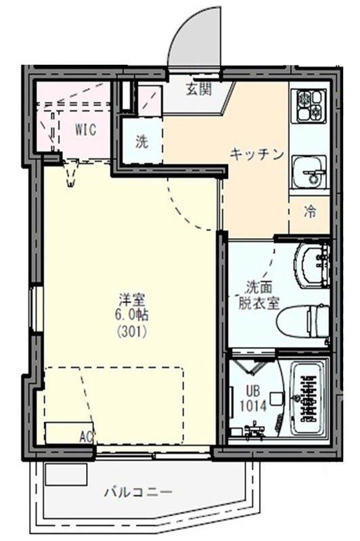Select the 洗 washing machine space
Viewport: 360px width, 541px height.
141,142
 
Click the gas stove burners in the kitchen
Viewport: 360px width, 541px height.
308,105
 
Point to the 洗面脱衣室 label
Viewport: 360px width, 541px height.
258,295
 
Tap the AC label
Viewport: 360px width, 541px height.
86,436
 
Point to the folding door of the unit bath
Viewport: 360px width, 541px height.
254,369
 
